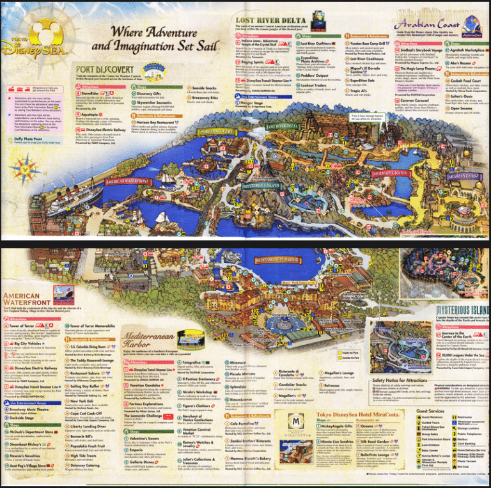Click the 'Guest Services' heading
tap(430, 411)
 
